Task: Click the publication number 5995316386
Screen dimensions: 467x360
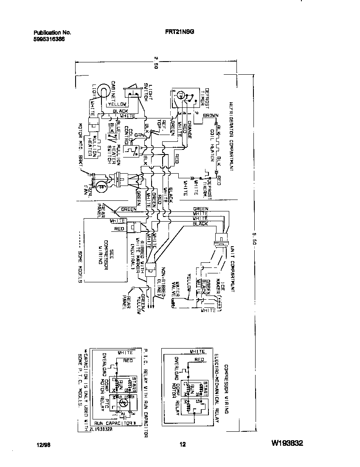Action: tap(50, 38)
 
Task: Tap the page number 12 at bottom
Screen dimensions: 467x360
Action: tap(183, 444)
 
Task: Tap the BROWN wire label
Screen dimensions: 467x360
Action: tap(211, 115)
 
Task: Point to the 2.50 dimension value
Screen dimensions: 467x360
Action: tap(156, 62)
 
